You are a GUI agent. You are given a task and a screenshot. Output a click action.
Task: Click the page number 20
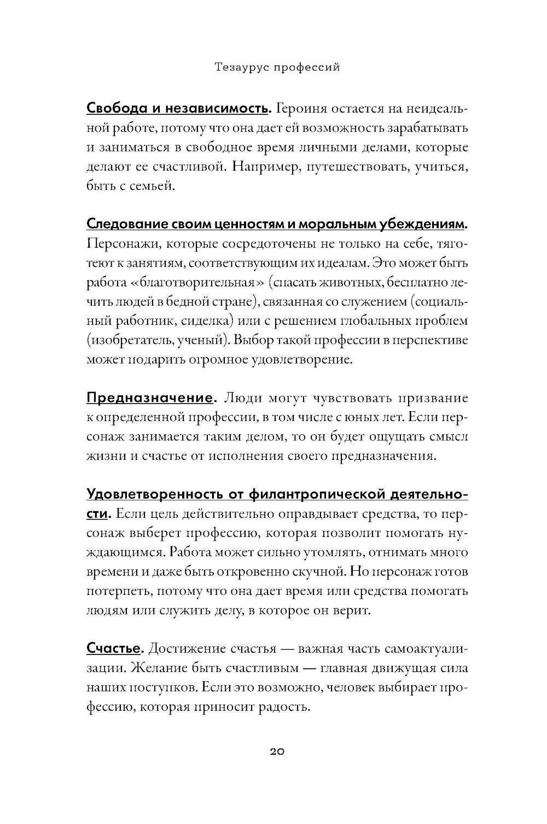coord(277,751)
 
